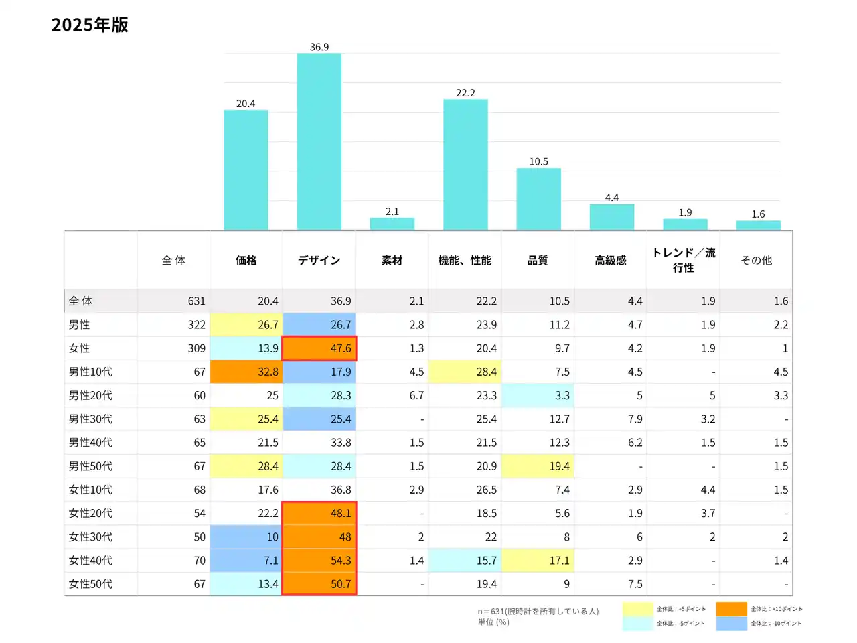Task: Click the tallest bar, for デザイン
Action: [319, 141]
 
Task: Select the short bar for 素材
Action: [392, 224]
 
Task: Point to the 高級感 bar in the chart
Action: [611, 217]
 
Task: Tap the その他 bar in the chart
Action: [758, 225]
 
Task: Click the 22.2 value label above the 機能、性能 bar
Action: [465, 93]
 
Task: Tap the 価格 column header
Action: [246, 260]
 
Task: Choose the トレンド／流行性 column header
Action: [684, 260]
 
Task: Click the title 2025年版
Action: [90, 25]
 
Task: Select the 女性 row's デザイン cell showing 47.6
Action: [319, 348]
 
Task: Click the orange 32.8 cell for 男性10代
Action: [246, 372]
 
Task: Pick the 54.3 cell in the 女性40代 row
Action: [319, 561]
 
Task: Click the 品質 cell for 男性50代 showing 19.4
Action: [538, 466]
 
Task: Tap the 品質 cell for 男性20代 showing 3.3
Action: [538, 395]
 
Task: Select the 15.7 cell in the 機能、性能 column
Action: [465, 561]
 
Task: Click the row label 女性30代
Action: [90, 537]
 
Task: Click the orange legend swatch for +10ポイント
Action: [731, 609]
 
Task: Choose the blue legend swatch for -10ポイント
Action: [731, 624]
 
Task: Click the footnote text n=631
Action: [538, 611]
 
